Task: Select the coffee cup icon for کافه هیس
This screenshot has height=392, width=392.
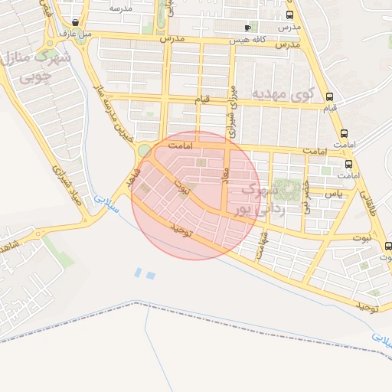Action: (x=247, y=28)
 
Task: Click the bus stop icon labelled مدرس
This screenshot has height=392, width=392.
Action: (x=289, y=15)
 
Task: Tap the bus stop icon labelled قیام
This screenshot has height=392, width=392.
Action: (x=329, y=97)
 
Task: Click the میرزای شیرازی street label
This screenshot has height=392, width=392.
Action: (x=230, y=106)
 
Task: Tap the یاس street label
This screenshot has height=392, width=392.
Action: (x=333, y=194)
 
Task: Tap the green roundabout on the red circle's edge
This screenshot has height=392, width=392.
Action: (x=143, y=150)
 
